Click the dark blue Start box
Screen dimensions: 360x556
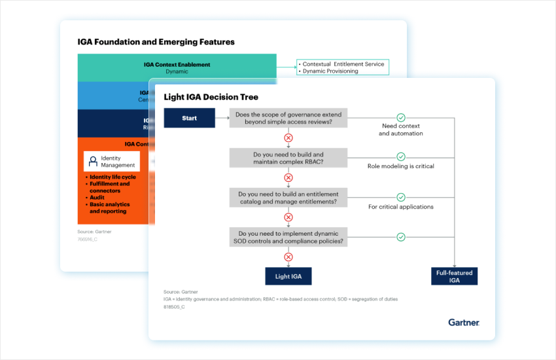pos(189,118)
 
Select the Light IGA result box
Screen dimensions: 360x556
pos(288,276)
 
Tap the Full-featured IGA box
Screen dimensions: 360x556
pos(454,276)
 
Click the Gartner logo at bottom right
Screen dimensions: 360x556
pos(463,322)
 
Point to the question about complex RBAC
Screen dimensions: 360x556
pos(288,158)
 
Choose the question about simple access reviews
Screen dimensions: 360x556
pos(288,118)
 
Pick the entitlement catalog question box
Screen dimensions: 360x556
pos(288,198)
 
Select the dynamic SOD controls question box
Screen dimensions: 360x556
pos(288,237)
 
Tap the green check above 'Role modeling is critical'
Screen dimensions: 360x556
pos(401,157)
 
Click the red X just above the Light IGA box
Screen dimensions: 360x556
pos(288,257)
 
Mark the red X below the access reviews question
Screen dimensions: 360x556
pos(288,138)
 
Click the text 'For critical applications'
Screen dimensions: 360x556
pos(400,207)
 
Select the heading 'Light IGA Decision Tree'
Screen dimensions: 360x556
pos(212,97)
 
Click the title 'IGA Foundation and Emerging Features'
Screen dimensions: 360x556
pos(156,42)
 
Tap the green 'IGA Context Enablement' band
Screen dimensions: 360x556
pos(177,67)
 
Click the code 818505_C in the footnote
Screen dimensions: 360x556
pos(174,306)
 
